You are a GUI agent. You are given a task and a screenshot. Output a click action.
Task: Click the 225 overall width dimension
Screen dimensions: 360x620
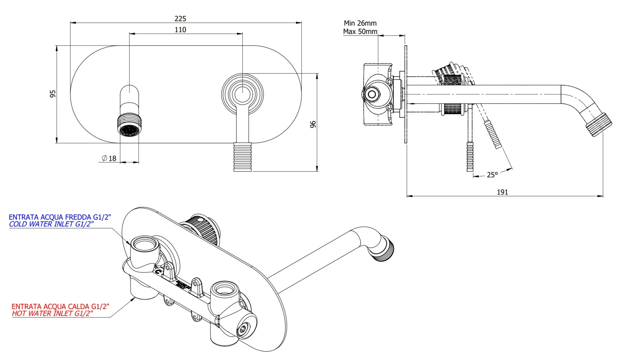pyautogui.click(x=180, y=19)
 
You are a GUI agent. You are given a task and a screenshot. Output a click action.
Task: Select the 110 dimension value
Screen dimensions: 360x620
pyautogui.click(x=180, y=30)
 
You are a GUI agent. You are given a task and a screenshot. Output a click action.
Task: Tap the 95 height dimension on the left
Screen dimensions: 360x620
pyautogui.click(x=53, y=94)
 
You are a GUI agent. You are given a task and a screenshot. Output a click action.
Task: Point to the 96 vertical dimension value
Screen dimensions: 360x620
pyautogui.click(x=313, y=124)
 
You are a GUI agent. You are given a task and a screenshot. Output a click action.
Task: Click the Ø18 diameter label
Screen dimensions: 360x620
pyautogui.click(x=109, y=158)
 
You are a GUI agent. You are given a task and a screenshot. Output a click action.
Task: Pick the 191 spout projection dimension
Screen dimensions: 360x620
pyautogui.click(x=502, y=192)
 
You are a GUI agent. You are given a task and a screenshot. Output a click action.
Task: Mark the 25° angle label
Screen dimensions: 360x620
pyautogui.click(x=492, y=175)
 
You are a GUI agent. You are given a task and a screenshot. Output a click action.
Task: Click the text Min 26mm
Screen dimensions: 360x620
pyautogui.click(x=360, y=23)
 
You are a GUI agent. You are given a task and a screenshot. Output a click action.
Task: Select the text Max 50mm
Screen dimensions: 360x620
pyautogui.click(x=360, y=32)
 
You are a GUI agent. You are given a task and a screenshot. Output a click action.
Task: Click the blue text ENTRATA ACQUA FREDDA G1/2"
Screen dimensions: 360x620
pyautogui.click(x=60, y=217)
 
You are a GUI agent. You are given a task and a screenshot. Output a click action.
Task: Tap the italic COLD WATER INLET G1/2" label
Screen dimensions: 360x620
pyautogui.click(x=51, y=224)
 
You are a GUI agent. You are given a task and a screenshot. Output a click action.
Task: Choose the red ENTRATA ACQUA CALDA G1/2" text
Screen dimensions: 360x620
pyautogui.click(x=60, y=306)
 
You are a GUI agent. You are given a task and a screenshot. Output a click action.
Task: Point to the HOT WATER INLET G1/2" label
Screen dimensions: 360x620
pyautogui.click(x=52, y=314)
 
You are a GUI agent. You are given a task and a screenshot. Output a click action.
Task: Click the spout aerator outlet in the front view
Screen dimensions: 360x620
pyautogui.click(x=129, y=130)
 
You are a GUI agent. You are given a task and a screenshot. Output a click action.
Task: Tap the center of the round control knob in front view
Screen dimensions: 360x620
pyautogui.click(x=242, y=94)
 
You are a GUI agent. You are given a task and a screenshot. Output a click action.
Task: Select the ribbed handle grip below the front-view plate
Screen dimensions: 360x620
pyautogui.click(x=242, y=157)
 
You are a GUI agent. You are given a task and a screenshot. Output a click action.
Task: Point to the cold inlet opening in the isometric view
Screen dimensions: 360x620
pyautogui.click(x=144, y=245)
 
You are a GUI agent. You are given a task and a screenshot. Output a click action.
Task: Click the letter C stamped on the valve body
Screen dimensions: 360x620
pyautogui.click(x=159, y=272)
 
